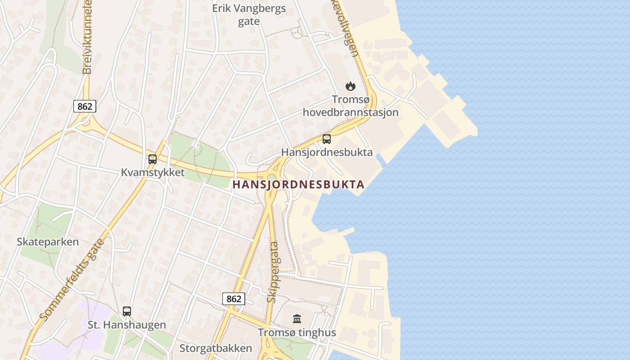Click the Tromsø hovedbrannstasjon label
[x=351, y=106]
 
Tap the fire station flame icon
[x=350, y=85]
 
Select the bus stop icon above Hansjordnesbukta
[x=327, y=139]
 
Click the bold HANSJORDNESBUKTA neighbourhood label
[x=298, y=184]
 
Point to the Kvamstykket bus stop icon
[x=153, y=159]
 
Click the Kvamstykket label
[x=153, y=172]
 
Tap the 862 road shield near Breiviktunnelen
[x=85, y=106]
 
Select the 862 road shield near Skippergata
[x=234, y=298]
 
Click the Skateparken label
[x=48, y=242]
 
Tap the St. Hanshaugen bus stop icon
[x=127, y=311]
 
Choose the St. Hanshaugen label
[x=126, y=325]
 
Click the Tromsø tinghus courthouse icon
[x=297, y=319]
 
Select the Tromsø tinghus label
[x=297, y=333]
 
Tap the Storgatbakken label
[x=216, y=348]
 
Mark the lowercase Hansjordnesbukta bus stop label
[x=327, y=152]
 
